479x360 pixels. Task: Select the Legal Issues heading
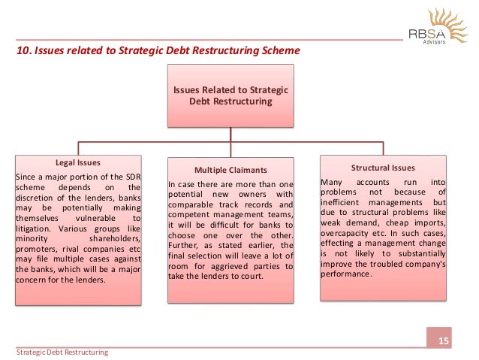[x=78, y=162]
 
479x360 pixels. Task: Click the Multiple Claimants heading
[x=230, y=169]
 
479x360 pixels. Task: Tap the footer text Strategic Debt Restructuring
[x=63, y=352]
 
